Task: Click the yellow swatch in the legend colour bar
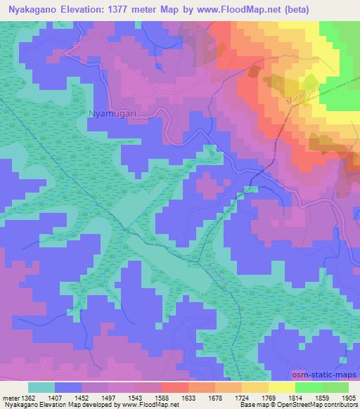[x=281, y=387]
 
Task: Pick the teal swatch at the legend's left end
[x=41, y=387]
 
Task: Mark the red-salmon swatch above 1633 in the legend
[x=176, y=387]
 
